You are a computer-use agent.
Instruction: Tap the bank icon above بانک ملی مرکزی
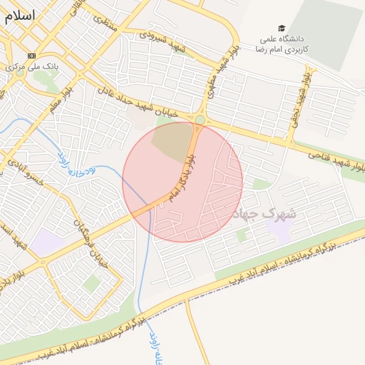pos(31,56)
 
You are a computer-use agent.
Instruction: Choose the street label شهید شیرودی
pos(163,41)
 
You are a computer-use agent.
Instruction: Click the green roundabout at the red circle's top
pos(200,120)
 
